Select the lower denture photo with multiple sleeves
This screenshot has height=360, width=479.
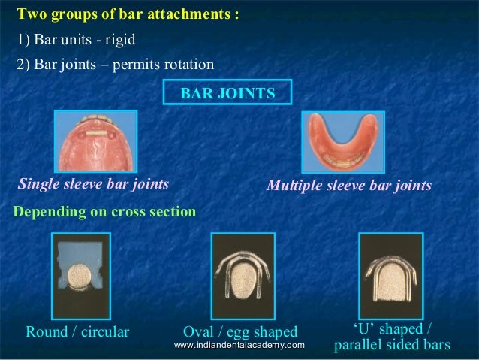point(342,144)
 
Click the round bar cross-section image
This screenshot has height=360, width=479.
point(80,275)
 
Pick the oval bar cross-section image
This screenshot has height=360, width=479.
point(243,275)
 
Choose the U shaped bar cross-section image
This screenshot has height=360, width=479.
point(390,275)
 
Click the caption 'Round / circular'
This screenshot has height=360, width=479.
point(77,331)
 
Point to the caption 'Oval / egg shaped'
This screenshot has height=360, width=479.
point(240,331)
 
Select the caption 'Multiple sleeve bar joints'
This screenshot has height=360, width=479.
point(350,185)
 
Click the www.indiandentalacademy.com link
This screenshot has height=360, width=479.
point(239,345)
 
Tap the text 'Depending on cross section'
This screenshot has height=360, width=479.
point(105,212)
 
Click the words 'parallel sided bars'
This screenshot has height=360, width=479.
point(391,346)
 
